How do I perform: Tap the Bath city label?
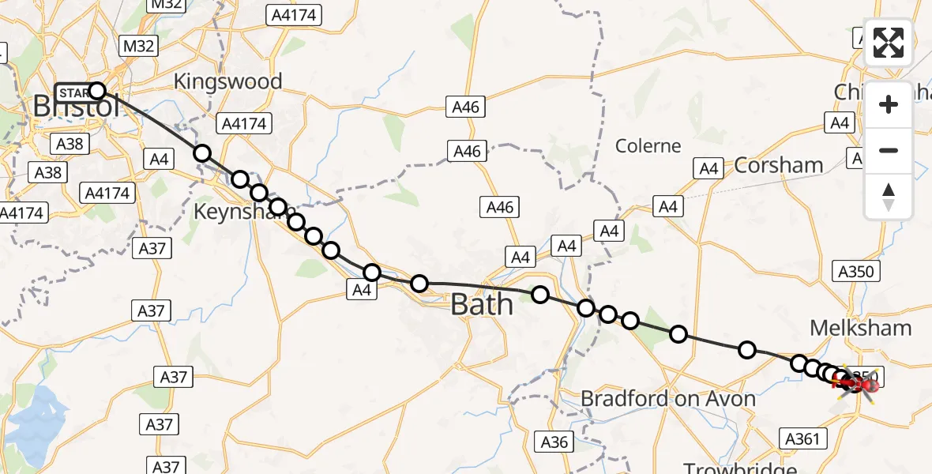coord(481,304)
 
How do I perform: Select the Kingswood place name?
coord(227,81)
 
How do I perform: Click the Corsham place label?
coord(778,165)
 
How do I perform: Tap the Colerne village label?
coord(648,146)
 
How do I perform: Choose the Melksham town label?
coord(861,328)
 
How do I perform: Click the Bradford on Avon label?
coord(668,399)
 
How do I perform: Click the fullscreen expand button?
coord(889,43)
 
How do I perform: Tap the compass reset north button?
coord(889,197)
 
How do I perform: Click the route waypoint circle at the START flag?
coord(97,90)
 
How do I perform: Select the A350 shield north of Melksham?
coord(856,272)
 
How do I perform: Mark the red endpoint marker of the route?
coord(869,386)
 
